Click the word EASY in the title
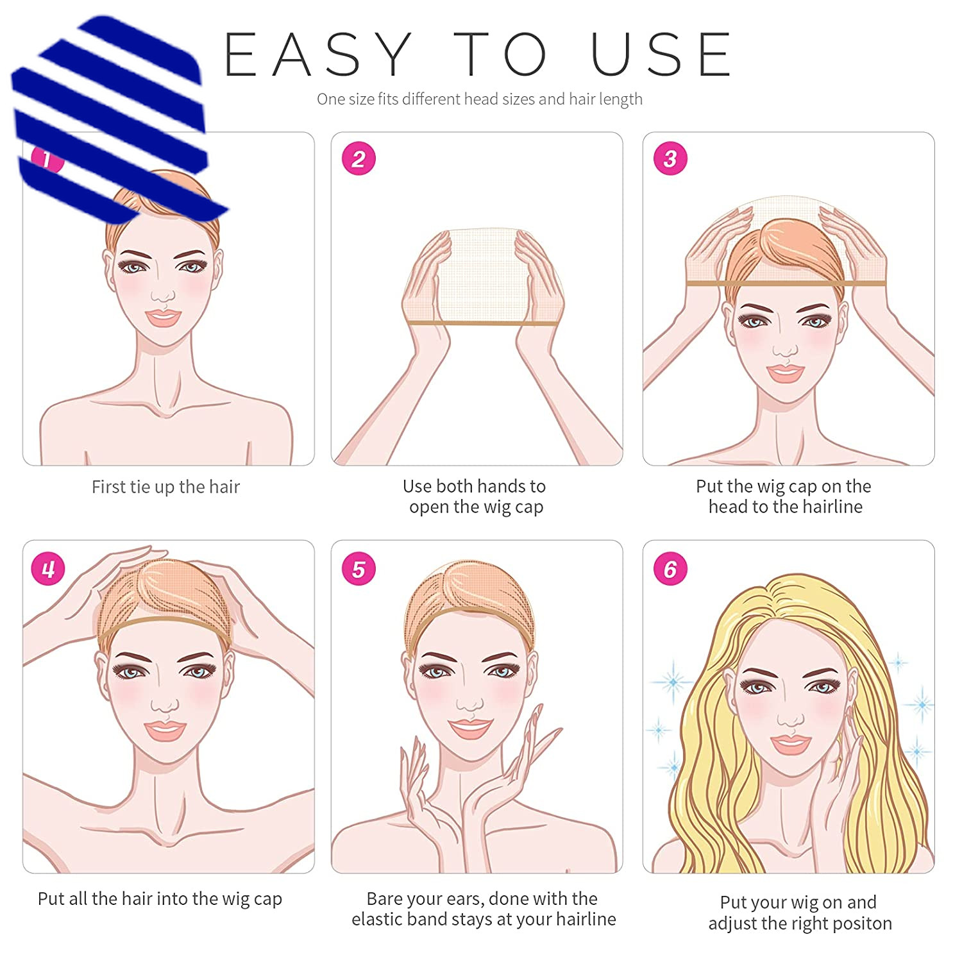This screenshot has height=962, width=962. pos(318,55)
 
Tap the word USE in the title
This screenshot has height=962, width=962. pos(661,55)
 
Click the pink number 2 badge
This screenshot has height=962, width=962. pos(359,158)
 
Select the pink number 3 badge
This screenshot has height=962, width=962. pos(670,158)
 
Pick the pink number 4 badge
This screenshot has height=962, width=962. pos(48,568)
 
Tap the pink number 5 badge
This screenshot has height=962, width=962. pos(359,568)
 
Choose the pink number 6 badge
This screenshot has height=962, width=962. pos(670,568)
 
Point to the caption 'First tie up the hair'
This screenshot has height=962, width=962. pos(165,487)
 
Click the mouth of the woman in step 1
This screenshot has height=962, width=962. pos(163,317)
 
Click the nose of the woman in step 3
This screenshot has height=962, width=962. pos(785,348)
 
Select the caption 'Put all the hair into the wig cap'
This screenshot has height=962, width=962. pos(160,899)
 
